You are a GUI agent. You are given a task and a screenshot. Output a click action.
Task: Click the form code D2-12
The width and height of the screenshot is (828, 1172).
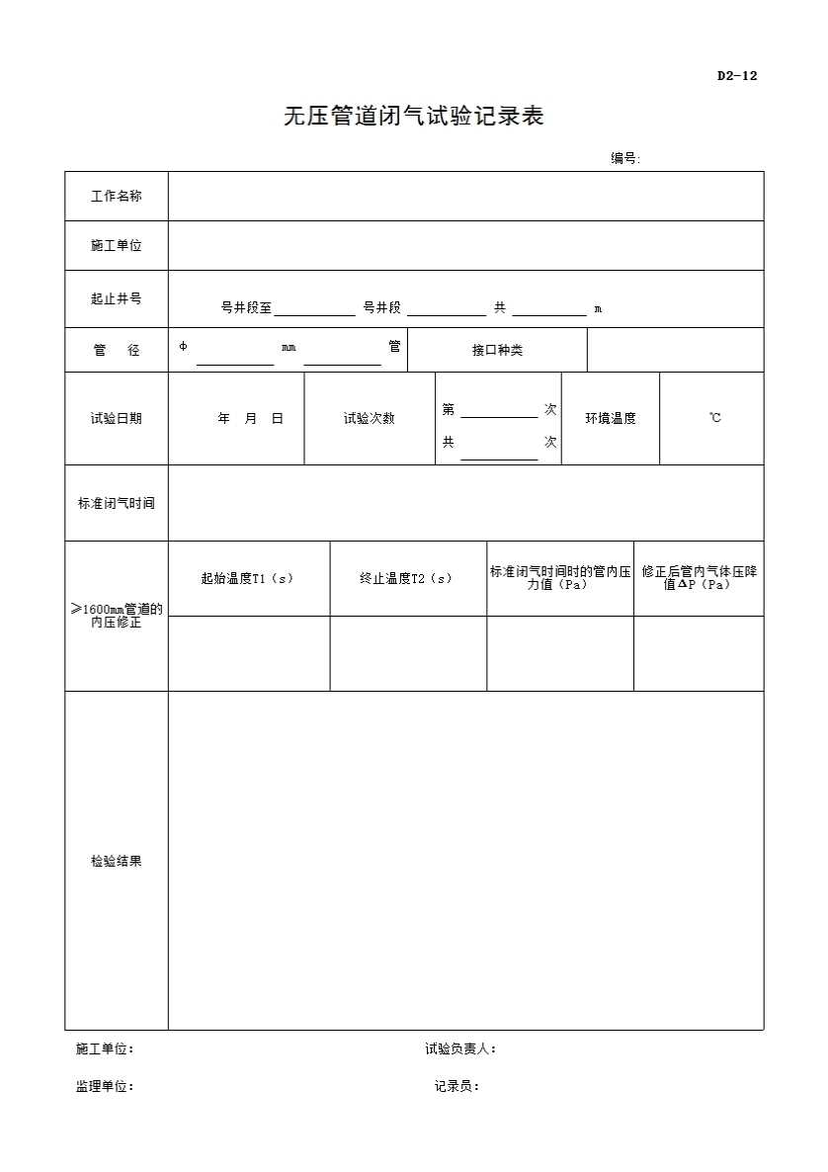coord(737,76)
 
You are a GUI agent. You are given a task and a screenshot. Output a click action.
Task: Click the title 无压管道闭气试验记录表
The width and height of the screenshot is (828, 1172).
coord(414,117)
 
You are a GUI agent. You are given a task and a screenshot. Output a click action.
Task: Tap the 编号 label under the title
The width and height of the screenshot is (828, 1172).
coord(625,158)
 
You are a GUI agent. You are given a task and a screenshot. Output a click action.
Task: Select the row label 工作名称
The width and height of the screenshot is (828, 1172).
coord(117,197)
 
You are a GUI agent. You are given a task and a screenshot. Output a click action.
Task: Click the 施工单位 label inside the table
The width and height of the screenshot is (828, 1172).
coord(117,246)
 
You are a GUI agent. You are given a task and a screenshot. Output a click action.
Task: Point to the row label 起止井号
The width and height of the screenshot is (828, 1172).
coord(117,298)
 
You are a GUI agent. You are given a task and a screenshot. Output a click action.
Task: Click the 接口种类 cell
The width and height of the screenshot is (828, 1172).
coord(497,351)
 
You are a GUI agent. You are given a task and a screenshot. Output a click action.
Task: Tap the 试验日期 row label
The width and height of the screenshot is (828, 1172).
coord(117,419)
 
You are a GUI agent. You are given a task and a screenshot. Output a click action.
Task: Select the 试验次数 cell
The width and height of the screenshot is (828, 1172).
coord(370,419)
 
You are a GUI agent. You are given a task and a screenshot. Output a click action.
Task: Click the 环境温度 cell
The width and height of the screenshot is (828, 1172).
coord(611,419)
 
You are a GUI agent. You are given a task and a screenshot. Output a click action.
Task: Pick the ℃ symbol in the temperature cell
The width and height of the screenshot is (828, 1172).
coord(714,419)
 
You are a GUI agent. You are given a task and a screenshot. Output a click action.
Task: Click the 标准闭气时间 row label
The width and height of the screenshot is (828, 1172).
coord(117,503)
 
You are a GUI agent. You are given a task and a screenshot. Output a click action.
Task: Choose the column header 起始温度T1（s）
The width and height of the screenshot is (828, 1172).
coord(248,579)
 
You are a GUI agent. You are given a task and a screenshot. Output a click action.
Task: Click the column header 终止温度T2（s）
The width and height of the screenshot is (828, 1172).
coord(407,579)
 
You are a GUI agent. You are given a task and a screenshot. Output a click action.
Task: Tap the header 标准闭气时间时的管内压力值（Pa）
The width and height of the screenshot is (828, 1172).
coord(560,578)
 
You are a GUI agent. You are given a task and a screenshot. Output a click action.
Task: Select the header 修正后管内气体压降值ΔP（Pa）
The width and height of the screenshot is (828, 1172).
coord(699,578)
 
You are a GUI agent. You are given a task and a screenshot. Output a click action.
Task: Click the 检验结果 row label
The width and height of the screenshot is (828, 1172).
coord(117,862)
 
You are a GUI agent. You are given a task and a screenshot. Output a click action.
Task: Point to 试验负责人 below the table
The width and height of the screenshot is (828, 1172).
coord(460,1049)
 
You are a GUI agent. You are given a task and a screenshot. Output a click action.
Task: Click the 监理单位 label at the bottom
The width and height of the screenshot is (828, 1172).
coord(105,1087)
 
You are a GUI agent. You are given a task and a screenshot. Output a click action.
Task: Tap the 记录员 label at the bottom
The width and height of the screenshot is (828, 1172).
coord(456,1087)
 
